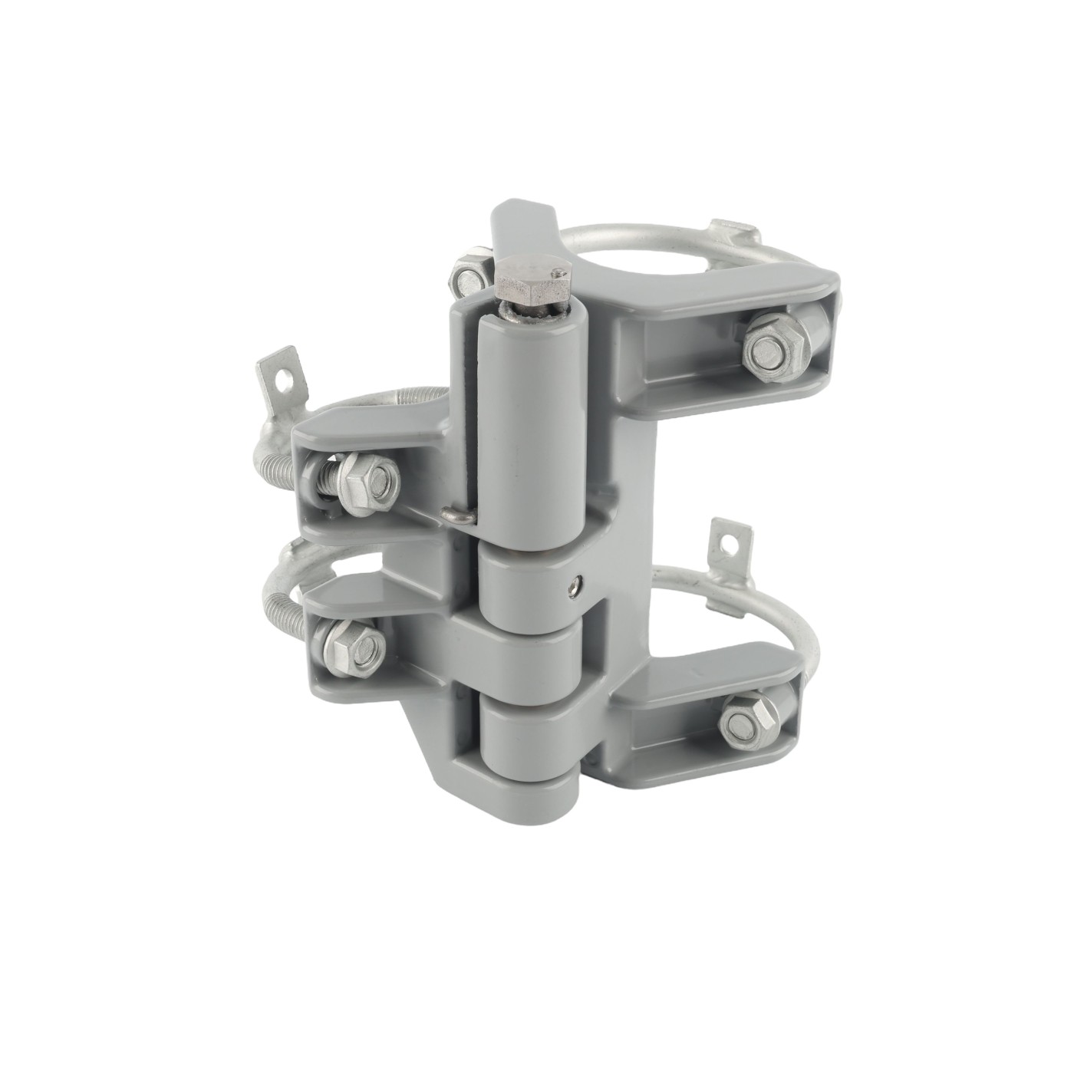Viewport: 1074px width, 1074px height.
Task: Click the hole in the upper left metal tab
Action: coord(288,376)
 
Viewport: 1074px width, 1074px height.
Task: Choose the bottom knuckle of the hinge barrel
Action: coord(525,736)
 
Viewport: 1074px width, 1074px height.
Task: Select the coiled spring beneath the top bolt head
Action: coord(529,311)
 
